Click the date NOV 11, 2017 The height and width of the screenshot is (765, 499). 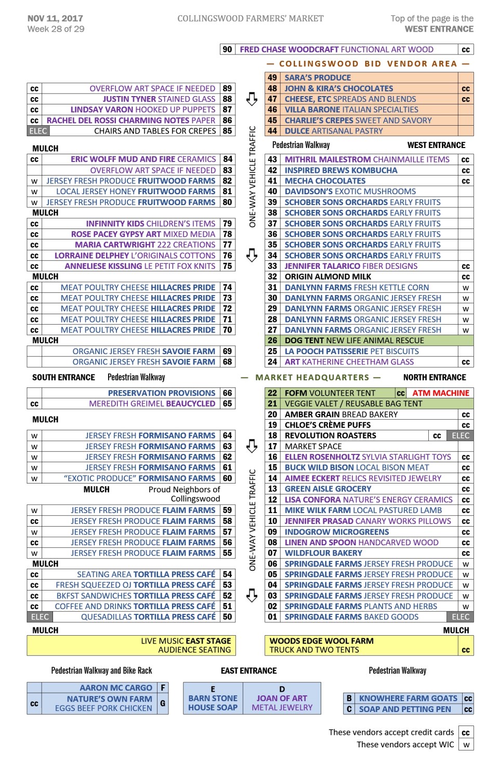(x=55, y=19)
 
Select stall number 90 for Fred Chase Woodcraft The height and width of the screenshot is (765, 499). (x=227, y=50)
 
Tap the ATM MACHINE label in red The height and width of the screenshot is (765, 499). (x=440, y=393)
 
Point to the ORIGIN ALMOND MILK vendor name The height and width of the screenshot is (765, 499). (x=327, y=277)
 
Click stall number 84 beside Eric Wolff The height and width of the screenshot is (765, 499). (x=227, y=159)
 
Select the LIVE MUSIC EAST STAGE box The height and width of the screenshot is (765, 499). (x=186, y=641)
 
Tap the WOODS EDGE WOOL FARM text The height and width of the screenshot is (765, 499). (x=321, y=641)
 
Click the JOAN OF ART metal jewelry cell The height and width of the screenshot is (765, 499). (x=282, y=699)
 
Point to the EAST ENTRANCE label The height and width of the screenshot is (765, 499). (x=248, y=671)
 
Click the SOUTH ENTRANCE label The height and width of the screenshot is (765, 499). (x=63, y=378)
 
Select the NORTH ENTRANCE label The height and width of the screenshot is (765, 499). (x=435, y=378)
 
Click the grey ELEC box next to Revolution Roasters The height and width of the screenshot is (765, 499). (x=461, y=436)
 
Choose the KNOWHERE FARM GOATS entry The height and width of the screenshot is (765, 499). (x=408, y=699)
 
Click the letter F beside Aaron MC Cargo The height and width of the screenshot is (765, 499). (x=163, y=688)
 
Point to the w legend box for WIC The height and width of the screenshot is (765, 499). (x=466, y=745)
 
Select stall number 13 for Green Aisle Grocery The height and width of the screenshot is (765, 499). (x=272, y=489)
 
